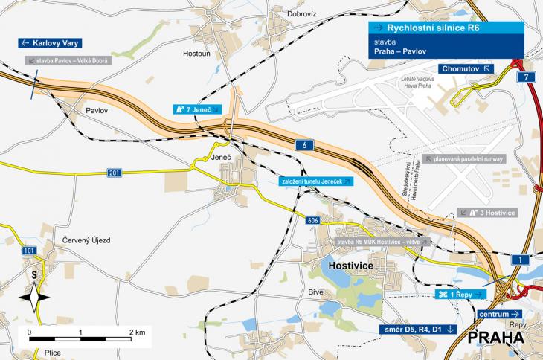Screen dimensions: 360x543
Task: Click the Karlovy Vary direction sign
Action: (x=50, y=43)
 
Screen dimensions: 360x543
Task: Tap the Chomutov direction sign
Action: (x=466, y=68)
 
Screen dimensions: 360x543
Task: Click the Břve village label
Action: (x=315, y=291)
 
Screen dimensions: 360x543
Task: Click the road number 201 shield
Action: (x=114, y=173)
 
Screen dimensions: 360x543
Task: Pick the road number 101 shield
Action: (x=29, y=251)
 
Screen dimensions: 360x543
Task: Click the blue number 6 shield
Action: (x=306, y=144)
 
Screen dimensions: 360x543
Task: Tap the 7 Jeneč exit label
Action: (x=197, y=109)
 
